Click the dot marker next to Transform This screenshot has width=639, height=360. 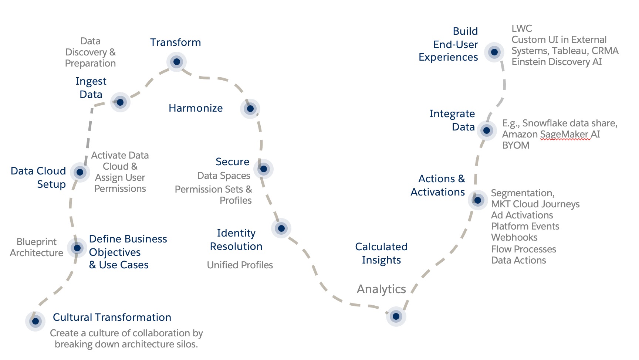176,62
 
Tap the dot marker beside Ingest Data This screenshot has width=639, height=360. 120,102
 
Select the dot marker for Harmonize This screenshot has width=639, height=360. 250,109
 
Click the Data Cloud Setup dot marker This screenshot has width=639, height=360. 80,172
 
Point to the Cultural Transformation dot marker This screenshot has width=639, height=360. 35,321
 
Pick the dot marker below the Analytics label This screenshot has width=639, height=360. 396,316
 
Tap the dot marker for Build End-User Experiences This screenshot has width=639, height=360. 494,52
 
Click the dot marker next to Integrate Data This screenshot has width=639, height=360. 487,130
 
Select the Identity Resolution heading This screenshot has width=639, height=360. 236,240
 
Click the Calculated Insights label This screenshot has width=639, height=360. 381,253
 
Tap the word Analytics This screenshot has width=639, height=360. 381,289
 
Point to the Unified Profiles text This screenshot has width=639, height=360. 240,265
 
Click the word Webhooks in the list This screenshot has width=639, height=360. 514,237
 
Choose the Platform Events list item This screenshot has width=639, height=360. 525,226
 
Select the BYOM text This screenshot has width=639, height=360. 516,145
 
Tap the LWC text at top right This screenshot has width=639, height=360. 522,28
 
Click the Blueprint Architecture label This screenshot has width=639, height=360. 37,247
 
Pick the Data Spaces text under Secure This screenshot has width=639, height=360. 224,176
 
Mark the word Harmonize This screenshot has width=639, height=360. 196,108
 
